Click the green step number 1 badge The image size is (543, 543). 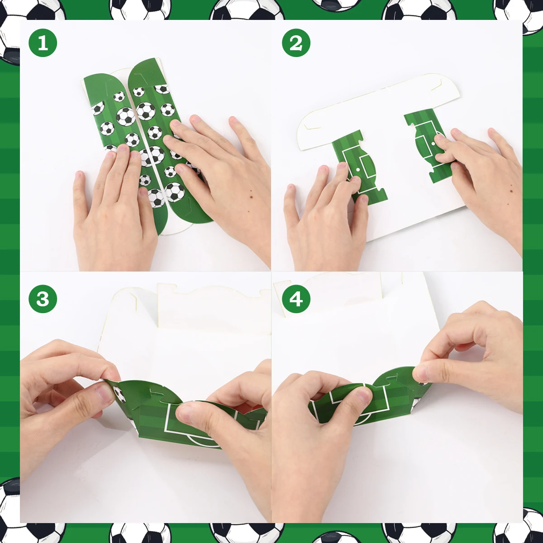click(43, 43)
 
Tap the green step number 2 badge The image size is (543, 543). click(296, 43)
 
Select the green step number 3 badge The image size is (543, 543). click(43, 299)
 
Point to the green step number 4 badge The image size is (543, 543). click(296, 299)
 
